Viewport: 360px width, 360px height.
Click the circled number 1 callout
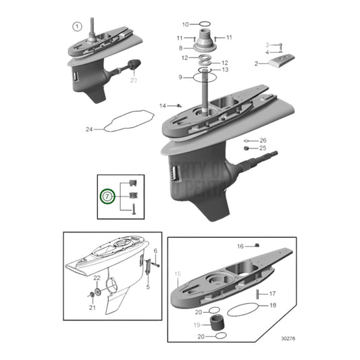77,27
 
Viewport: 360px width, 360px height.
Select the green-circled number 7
107,197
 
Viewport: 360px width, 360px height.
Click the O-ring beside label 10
201,24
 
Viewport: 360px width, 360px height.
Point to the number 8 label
181,48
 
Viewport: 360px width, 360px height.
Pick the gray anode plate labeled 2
278,63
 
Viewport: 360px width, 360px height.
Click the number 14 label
163,106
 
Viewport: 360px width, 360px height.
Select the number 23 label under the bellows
133,81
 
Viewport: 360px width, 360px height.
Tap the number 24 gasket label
89,128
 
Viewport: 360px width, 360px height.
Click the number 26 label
263,140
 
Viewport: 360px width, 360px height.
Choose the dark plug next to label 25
247,148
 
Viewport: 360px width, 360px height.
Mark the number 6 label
155,251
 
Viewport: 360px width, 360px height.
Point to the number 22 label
97,278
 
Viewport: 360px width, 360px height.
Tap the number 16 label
240,247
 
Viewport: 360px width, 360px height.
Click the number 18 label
272,305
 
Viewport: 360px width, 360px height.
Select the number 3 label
267,45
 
